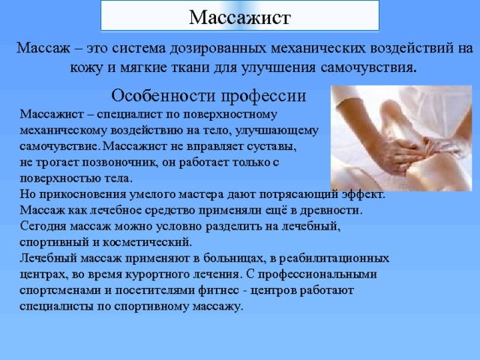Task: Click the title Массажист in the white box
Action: coord(239,16)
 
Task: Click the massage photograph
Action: coord(394,139)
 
